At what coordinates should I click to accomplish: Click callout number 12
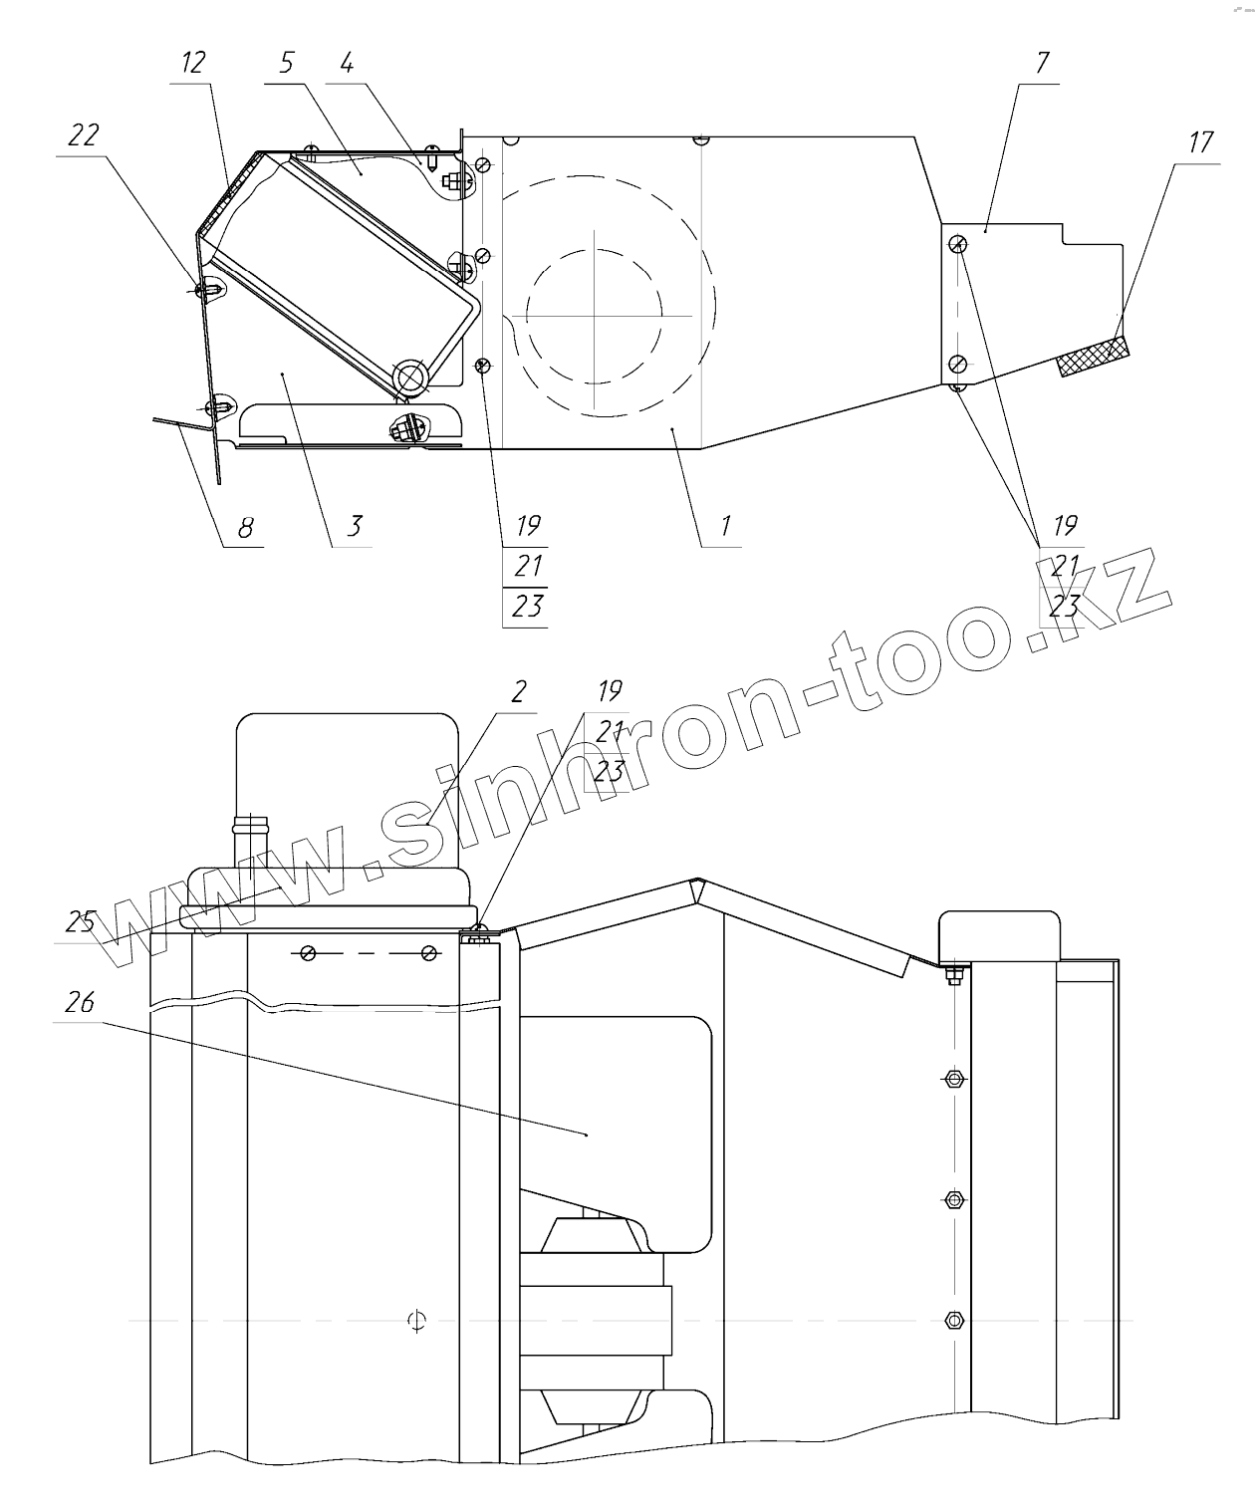click(x=193, y=63)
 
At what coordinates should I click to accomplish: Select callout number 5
click(x=287, y=63)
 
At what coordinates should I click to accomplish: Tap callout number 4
click(x=347, y=63)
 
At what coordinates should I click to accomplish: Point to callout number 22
click(x=84, y=134)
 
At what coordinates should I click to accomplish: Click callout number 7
click(x=1042, y=63)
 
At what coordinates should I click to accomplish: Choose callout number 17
click(x=1200, y=141)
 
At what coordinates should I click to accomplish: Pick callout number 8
click(x=246, y=527)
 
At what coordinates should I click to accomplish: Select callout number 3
click(x=355, y=526)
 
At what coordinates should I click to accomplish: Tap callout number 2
click(x=519, y=691)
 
